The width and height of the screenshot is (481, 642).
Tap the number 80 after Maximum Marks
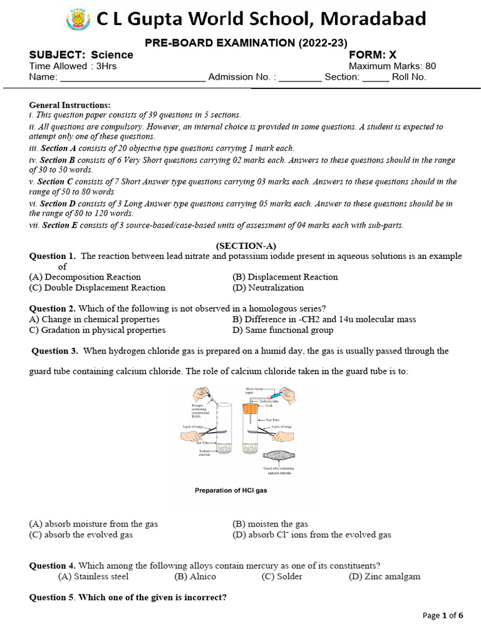tap(430, 66)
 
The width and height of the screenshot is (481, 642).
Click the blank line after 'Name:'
tap(132, 78)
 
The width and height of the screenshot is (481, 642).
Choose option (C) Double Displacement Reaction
tap(97, 288)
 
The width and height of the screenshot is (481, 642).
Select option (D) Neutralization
tap(267, 288)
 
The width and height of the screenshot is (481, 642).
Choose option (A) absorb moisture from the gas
tap(93, 524)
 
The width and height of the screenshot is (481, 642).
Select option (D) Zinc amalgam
tap(385, 576)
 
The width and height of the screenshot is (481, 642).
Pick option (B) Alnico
tap(195, 576)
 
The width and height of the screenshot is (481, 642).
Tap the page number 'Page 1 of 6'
tap(443, 615)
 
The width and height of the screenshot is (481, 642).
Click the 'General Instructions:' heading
tap(70, 105)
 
